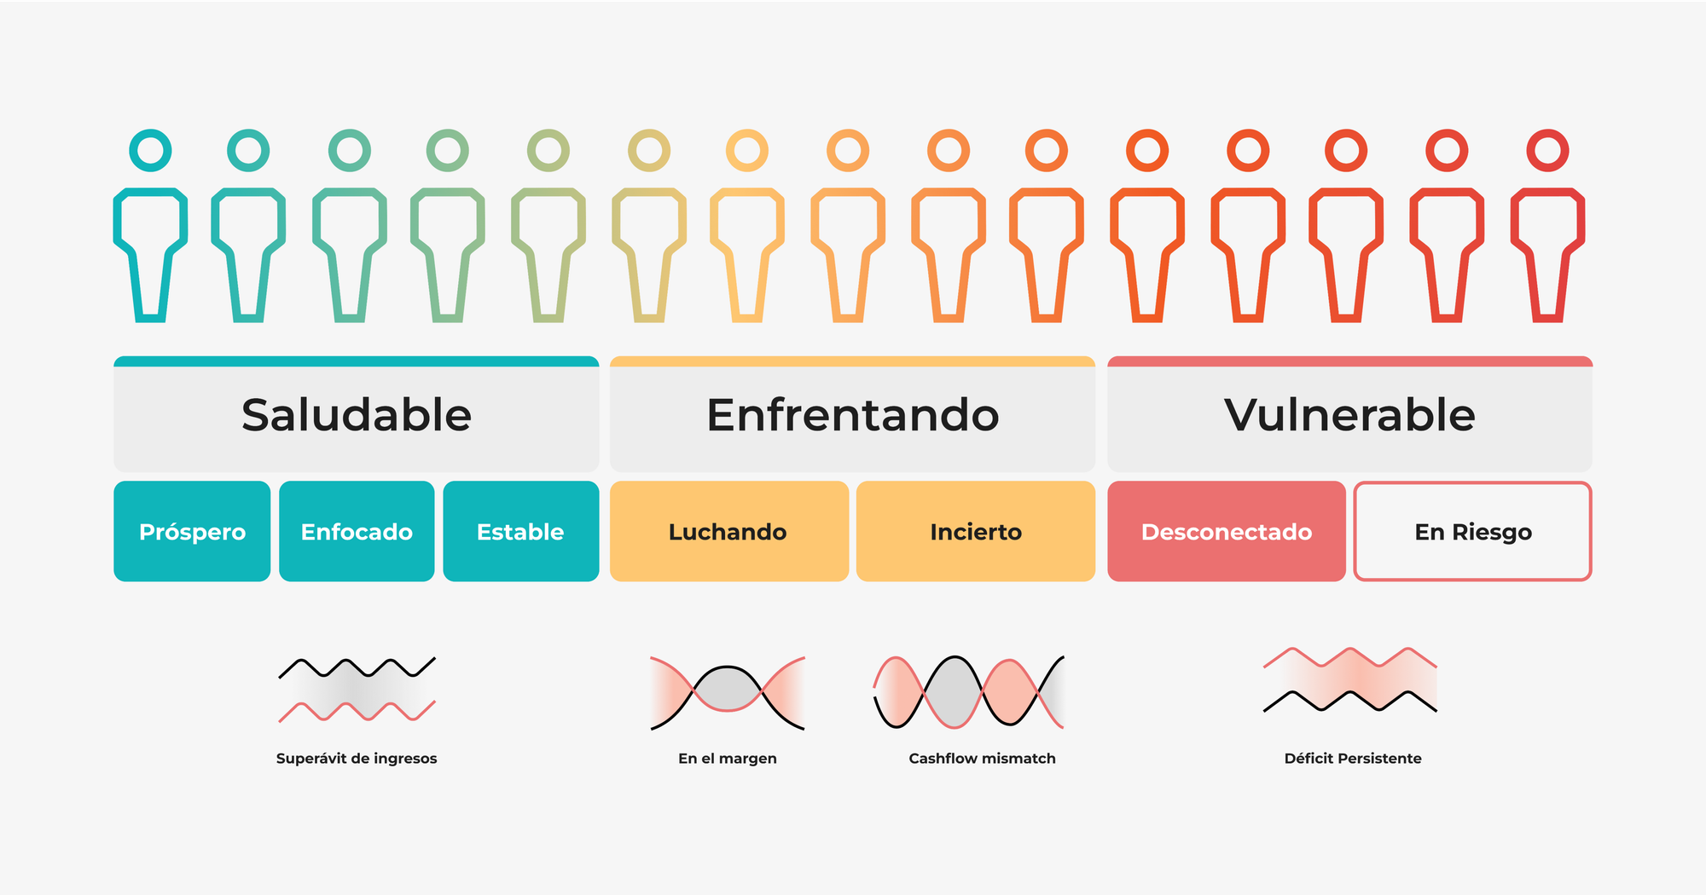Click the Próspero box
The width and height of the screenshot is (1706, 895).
pyautogui.click(x=192, y=532)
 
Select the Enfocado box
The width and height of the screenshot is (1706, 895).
pyautogui.click(x=357, y=532)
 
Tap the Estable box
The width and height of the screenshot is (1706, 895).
pyautogui.click(x=520, y=532)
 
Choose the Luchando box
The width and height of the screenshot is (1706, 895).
pyautogui.click(x=728, y=532)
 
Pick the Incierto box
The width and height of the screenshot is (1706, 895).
pyautogui.click(x=975, y=532)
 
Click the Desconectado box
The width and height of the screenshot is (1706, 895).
pyautogui.click(x=1226, y=532)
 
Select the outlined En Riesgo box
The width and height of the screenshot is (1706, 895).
pyautogui.click(x=1472, y=532)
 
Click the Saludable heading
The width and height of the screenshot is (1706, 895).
pyautogui.click(x=357, y=415)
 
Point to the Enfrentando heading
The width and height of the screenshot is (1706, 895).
pyautogui.click(x=852, y=415)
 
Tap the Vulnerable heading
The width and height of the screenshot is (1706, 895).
pyautogui.click(x=1349, y=415)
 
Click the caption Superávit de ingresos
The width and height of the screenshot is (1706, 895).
pyautogui.click(x=357, y=759)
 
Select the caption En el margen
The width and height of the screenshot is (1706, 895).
pyautogui.click(x=728, y=759)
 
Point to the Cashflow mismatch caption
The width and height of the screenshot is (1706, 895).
pyautogui.click(x=982, y=759)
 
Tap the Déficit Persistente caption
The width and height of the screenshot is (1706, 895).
pyautogui.click(x=1353, y=759)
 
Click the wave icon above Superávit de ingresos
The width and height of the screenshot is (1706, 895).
pyautogui.click(x=357, y=689)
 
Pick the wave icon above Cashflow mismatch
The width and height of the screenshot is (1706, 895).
pyautogui.click(x=969, y=692)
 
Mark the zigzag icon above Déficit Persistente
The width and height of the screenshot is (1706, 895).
pyautogui.click(x=1350, y=679)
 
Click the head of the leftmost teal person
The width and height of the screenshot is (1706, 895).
pyautogui.click(x=150, y=151)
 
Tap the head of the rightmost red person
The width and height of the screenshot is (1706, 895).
pyautogui.click(x=1547, y=151)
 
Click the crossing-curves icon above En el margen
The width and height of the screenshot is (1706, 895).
pyautogui.click(x=728, y=692)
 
